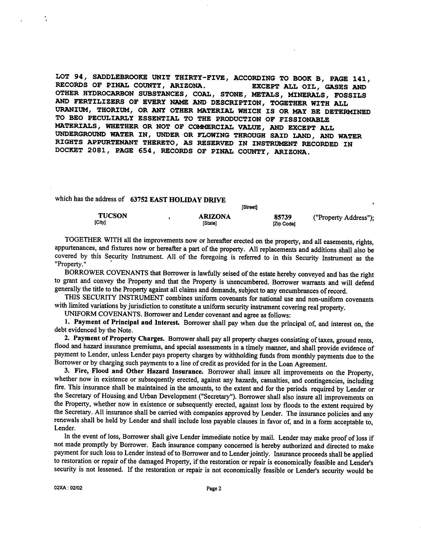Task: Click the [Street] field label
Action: [249, 207]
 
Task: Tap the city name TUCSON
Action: [112, 216]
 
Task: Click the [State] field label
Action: [210, 223]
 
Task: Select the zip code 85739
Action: [282, 217]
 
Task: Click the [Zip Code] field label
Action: [284, 224]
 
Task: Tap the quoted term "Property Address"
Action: [342, 217]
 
